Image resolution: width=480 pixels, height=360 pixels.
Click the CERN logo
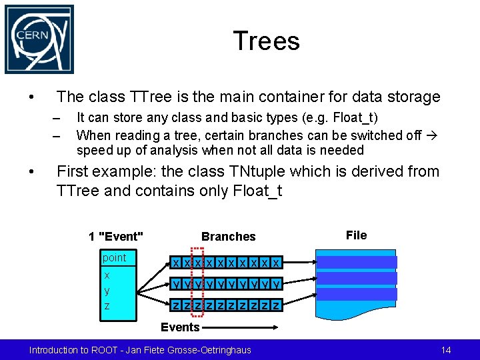click(39, 39)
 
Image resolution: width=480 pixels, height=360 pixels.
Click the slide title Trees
click(267, 41)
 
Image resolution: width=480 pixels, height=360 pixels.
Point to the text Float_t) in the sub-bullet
click(356, 118)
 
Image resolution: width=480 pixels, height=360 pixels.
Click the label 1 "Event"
click(116, 237)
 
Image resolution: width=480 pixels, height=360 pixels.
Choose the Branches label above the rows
click(228, 237)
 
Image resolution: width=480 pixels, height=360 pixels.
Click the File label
click(356, 235)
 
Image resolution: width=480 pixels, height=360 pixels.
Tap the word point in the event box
click(114, 258)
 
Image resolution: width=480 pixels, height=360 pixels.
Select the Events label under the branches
click(180, 327)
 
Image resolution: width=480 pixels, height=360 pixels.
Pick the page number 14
click(446, 350)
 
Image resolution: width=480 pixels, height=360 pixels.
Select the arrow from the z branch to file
click(298, 306)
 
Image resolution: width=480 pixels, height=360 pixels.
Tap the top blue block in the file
click(356, 262)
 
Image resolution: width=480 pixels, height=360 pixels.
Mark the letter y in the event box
click(107, 291)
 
